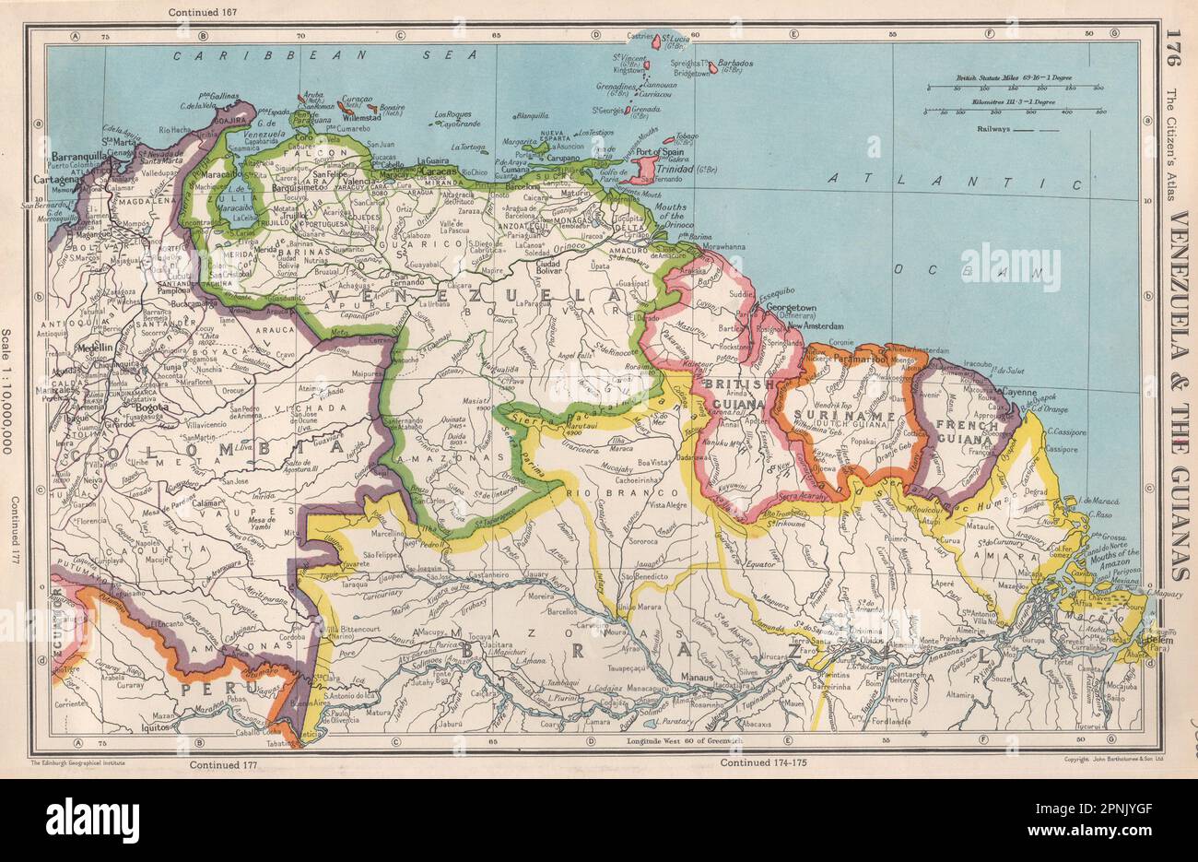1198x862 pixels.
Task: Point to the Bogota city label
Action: (151, 406)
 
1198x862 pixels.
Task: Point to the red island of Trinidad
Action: (642, 169)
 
